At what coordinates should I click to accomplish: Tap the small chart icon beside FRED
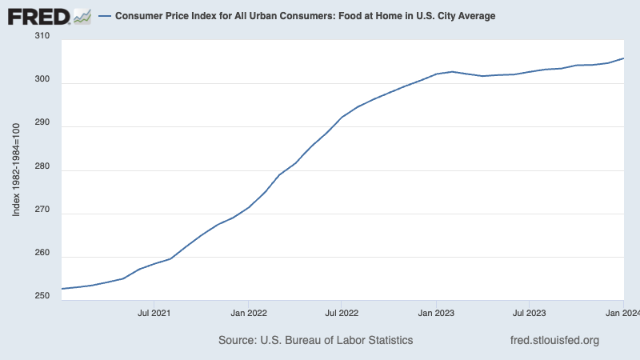click(x=82, y=15)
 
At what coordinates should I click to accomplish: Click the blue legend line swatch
click(x=104, y=16)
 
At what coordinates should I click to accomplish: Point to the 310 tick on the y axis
click(x=42, y=36)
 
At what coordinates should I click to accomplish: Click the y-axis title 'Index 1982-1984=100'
click(x=17, y=170)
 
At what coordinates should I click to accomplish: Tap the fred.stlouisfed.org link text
click(x=554, y=340)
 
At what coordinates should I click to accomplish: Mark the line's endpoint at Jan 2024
click(x=623, y=58)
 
